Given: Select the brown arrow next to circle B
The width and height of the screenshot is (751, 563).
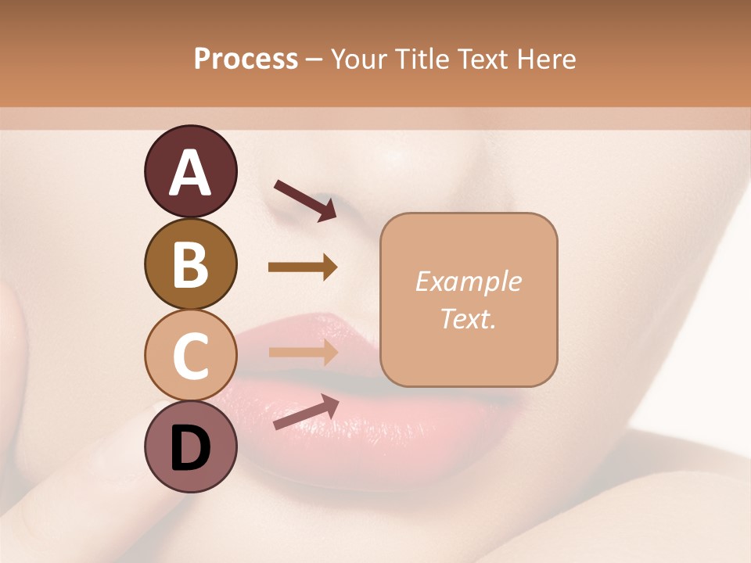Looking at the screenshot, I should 303,267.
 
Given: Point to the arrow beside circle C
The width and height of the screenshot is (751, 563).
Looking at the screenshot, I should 303,352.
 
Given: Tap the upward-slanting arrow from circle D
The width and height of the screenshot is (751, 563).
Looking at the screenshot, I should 306,412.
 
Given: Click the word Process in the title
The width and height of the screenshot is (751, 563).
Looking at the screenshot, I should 246,59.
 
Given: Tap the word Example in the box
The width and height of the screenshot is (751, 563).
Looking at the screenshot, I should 468,281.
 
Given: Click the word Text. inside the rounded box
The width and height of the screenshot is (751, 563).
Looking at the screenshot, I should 468,318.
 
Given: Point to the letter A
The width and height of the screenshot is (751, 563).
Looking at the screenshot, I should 190,174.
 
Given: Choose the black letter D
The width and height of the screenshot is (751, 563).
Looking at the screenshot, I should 190,448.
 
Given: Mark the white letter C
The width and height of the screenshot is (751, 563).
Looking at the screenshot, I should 190,356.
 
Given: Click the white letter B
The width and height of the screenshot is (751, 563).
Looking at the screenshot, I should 190,264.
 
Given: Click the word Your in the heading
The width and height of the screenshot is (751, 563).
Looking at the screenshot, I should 358,59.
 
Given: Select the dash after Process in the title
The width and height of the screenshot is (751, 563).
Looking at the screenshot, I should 314,60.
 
